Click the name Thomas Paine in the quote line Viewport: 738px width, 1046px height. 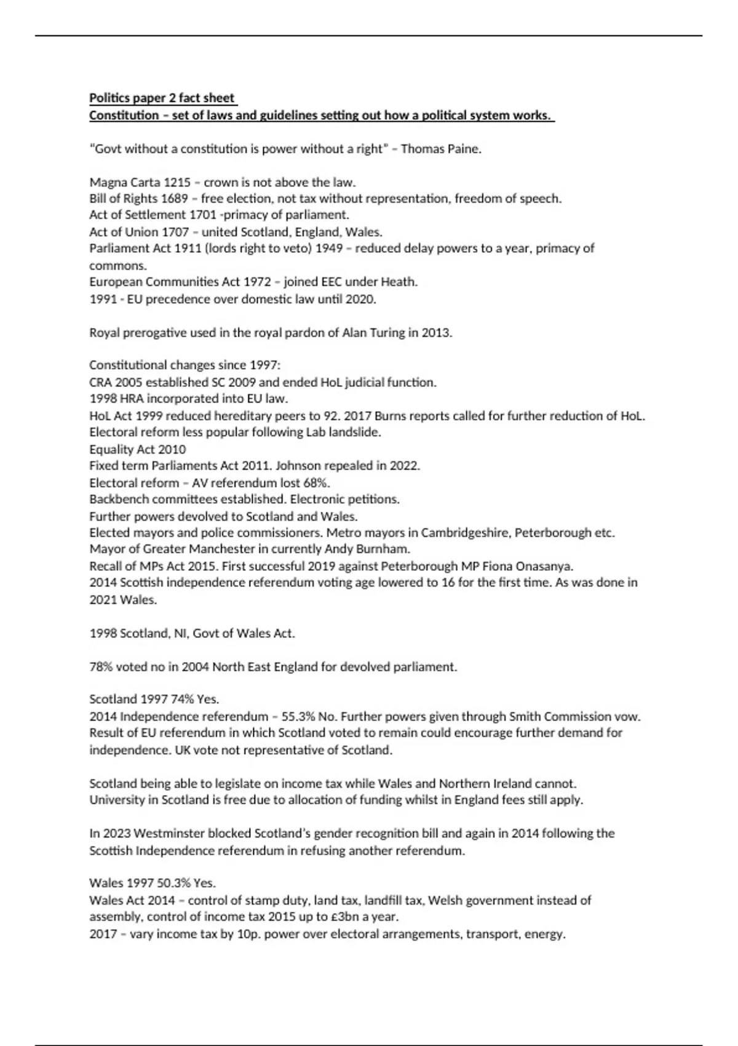coord(440,149)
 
